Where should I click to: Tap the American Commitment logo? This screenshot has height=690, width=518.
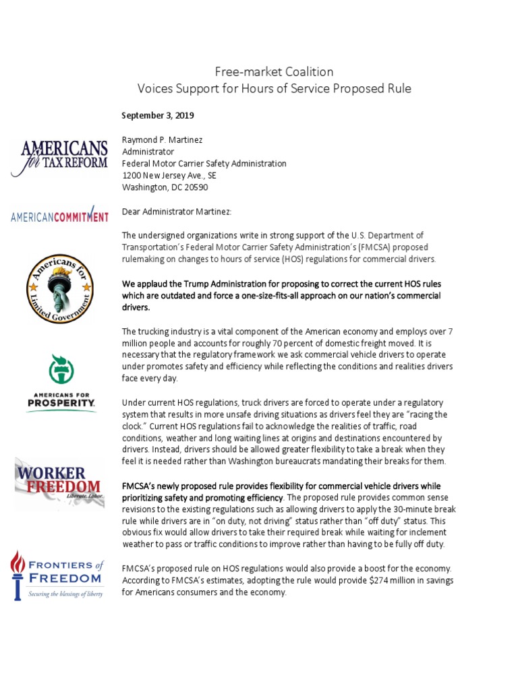(x=59, y=215)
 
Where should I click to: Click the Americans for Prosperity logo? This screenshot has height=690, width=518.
(x=61, y=383)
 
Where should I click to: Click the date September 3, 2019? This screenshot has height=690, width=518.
(x=158, y=115)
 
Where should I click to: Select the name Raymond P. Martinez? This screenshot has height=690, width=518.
(x=161, y=139)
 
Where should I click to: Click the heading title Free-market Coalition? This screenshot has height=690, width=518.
(x=274, y=71)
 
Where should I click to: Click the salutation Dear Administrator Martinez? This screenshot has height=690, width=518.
(x=176, y=212)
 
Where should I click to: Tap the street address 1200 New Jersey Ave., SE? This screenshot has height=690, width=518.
(x=169, y=175)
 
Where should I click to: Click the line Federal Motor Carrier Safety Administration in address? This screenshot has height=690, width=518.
(x=204, y=163)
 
